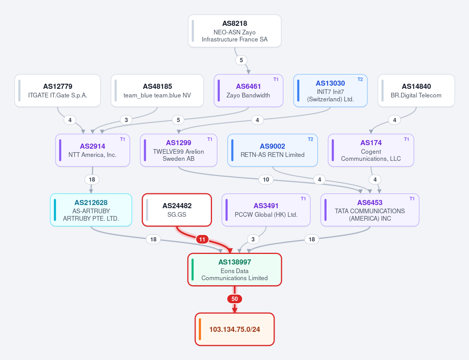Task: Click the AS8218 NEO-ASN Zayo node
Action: (235, 31)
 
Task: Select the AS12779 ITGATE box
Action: (58, 91)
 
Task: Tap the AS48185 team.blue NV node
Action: (157, 91)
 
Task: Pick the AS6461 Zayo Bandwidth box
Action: (248, 91)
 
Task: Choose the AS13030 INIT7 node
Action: (330, 91)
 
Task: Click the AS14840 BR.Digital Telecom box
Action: (416, 91)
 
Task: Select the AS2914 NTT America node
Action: (92, 150)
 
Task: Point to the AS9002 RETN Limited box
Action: (273, 150)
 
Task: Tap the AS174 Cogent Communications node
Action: (371, 150)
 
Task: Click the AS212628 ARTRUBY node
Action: (91, 210)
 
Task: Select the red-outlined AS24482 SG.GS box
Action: (177, 210)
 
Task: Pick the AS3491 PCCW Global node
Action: (266, 210)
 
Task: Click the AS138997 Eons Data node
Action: (235, 270)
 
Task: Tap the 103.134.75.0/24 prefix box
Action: (235, 329)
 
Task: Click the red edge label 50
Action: (235, 299)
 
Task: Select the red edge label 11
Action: (202, 239)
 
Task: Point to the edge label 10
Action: (266, 180)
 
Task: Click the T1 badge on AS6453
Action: (412, 199)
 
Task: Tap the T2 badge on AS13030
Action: (360, 79)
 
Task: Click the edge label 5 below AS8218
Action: (241, 60)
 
